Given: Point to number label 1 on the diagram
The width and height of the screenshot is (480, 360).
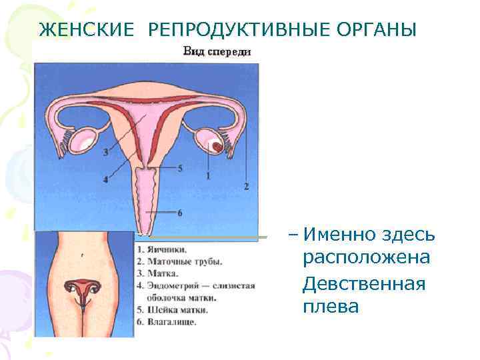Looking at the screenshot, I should coord(208,175).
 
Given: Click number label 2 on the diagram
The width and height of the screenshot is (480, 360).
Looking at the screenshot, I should coord(247,186).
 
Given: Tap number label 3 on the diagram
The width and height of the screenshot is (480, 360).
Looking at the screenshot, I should coord(106,153).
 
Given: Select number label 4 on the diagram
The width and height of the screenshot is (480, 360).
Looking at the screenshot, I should coord(106,179).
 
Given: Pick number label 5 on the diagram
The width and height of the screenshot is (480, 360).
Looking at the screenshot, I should coord(179,169).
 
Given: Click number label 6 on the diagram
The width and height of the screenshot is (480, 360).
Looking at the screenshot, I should coord(179,212).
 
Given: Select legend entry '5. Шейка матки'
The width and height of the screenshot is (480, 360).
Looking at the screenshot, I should coord(172,310).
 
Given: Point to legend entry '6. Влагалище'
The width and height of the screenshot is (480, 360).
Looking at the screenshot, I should coord(166,322).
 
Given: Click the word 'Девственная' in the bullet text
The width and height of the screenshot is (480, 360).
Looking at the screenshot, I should coord(363,284).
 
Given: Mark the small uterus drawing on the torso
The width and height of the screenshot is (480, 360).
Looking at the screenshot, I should coord(83,288).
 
